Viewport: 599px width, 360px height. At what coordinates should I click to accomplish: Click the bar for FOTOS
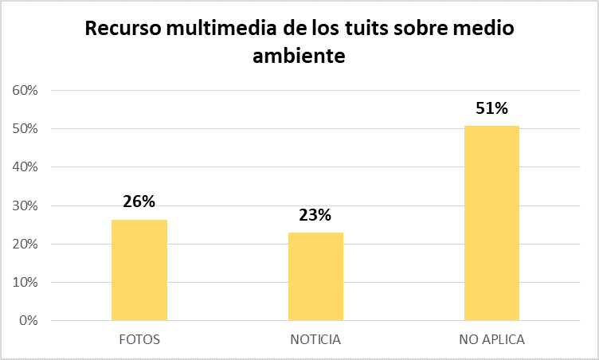[x=139, y=270]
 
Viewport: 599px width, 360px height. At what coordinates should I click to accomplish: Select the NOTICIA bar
[x=315, y=276]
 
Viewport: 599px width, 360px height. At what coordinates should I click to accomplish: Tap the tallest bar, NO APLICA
[x=491, y=223]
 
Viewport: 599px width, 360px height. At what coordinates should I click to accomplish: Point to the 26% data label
[x=139, y=202]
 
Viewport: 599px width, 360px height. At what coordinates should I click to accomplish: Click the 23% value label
[x=315, y=214]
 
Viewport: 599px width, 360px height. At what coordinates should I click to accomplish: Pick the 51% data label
[x=491, y=108]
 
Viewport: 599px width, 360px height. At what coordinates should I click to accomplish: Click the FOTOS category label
[x=139, y=339]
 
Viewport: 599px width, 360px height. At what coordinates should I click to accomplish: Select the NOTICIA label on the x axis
[x=315, y=339]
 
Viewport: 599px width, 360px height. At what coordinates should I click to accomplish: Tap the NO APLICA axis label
[x=491, y=339]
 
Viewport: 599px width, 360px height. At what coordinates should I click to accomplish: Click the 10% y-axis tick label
[x=26, y=283]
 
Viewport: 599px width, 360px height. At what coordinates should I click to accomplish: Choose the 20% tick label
[x=26, y=244]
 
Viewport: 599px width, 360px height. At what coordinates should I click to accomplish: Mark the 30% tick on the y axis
[x=26, y=205]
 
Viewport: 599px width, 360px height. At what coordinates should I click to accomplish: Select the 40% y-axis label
[x=26, y=167]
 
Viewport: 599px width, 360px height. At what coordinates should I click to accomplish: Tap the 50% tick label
[x=26, y=129]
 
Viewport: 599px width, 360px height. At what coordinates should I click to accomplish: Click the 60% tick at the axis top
[x=26, y=90]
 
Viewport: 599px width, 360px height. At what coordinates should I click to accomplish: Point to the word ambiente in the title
[x=299, y=57]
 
